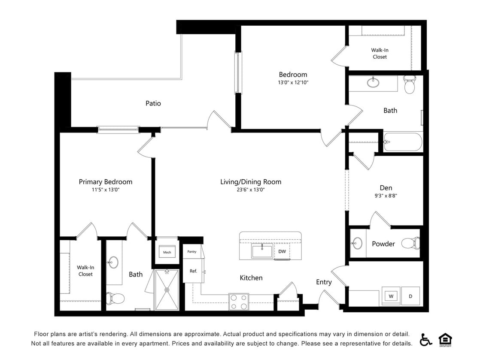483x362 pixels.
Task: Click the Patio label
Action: coord(153,103)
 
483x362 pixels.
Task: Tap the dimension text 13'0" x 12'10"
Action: coord(293,82)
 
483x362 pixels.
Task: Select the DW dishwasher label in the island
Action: coord(282,251)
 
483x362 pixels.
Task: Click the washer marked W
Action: coord(392,296)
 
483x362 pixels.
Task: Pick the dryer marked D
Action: coord(410,296)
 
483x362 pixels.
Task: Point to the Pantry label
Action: coord(192,252)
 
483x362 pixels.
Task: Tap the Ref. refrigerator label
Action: coord(193,271)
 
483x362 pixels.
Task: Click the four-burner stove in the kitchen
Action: coord(239,302)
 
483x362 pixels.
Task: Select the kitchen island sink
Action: coord(262,251)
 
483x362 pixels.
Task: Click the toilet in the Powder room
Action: coord(410,244)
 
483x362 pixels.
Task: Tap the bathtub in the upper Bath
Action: coord(403,142)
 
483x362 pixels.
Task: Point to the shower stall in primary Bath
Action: coord(167,290)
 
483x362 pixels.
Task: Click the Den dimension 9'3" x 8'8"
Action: coord(386,196)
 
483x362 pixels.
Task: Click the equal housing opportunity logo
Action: coord(445,339)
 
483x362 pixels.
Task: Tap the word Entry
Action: coord(324,282)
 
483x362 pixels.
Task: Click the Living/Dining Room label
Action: coord(251,182)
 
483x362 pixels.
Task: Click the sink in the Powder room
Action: coord(357,244)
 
